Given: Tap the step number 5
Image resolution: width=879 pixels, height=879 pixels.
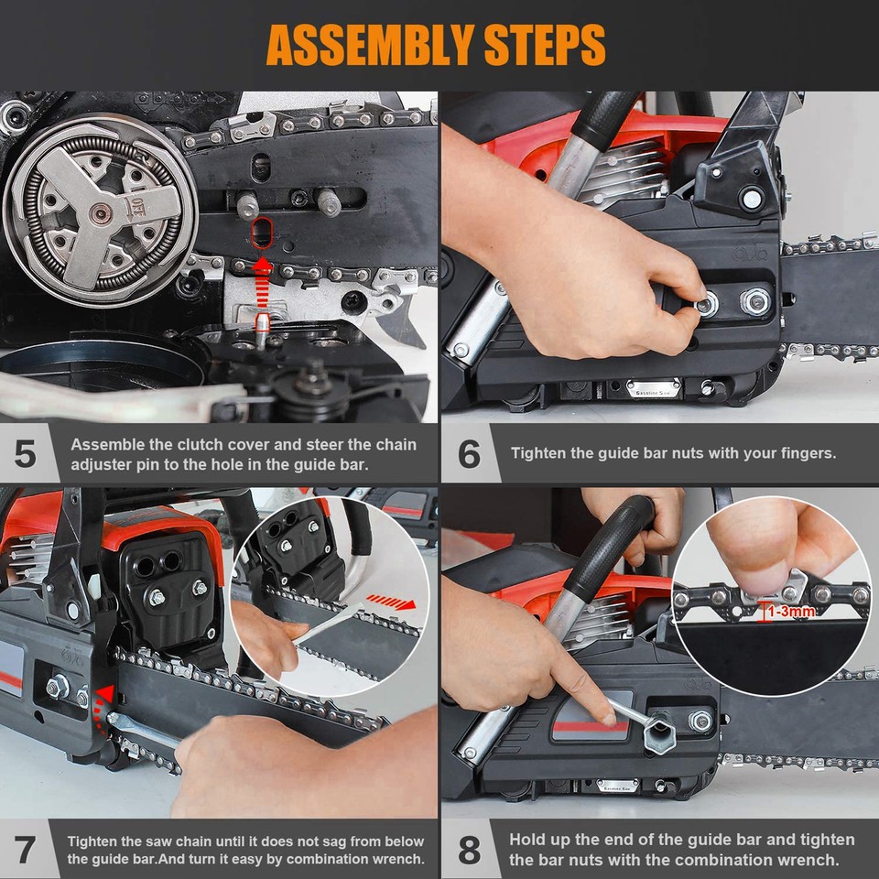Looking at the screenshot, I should click(25, 454).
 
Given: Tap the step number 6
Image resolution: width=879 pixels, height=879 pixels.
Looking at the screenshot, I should click(468, 453).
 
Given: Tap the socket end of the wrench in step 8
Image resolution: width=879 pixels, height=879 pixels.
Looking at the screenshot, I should click(658, 733).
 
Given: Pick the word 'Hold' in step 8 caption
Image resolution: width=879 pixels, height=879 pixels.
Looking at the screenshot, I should click(529, 840).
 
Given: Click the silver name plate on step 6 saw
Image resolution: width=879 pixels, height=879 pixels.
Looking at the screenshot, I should click(654, 388).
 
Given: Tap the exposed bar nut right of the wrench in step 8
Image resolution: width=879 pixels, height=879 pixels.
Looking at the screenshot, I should click(700, 721).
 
